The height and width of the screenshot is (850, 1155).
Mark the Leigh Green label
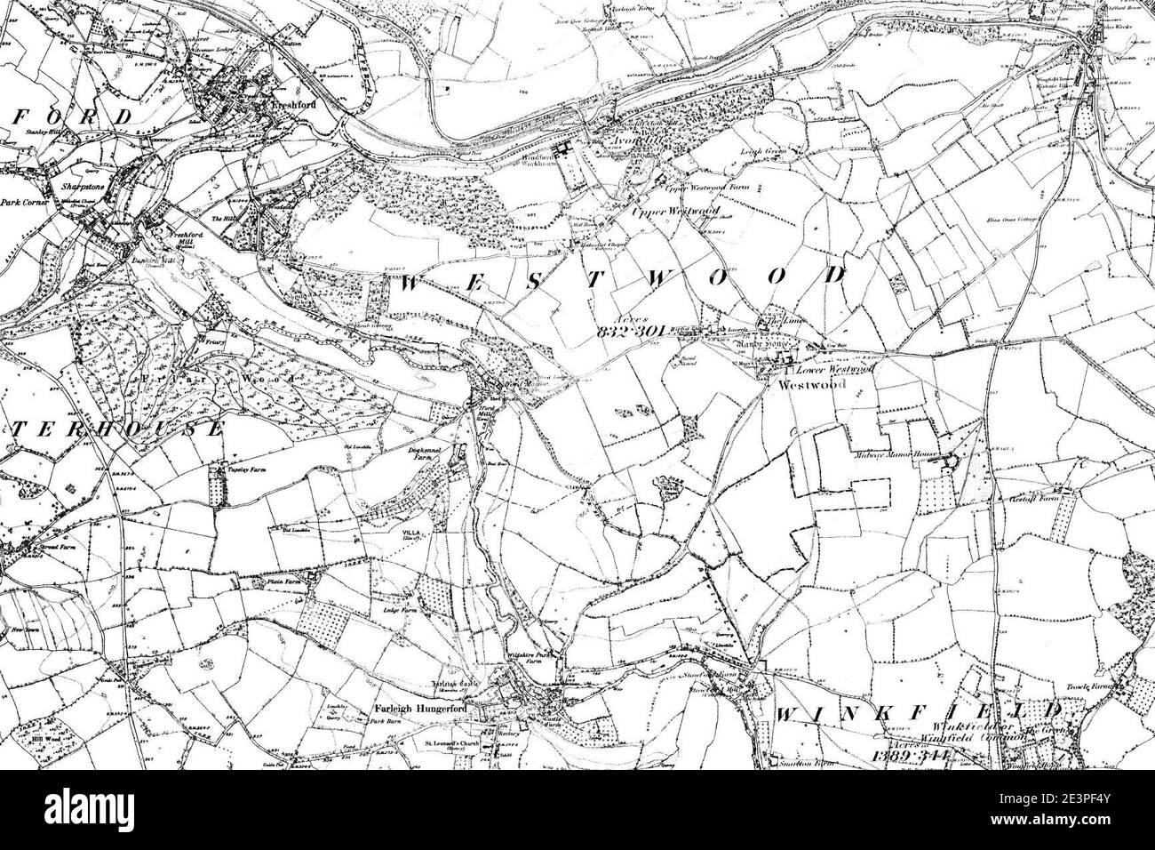click(x=760, y=151)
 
